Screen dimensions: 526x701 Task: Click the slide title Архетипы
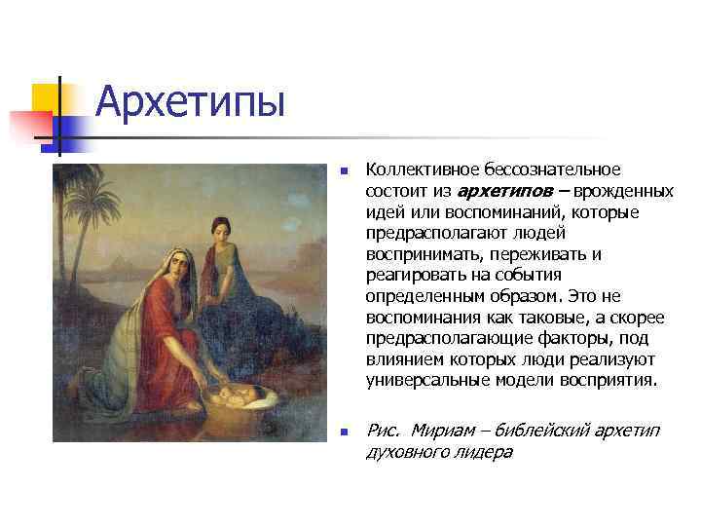(x=191, y=101)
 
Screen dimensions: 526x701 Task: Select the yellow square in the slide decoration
(x=49, y=101)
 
